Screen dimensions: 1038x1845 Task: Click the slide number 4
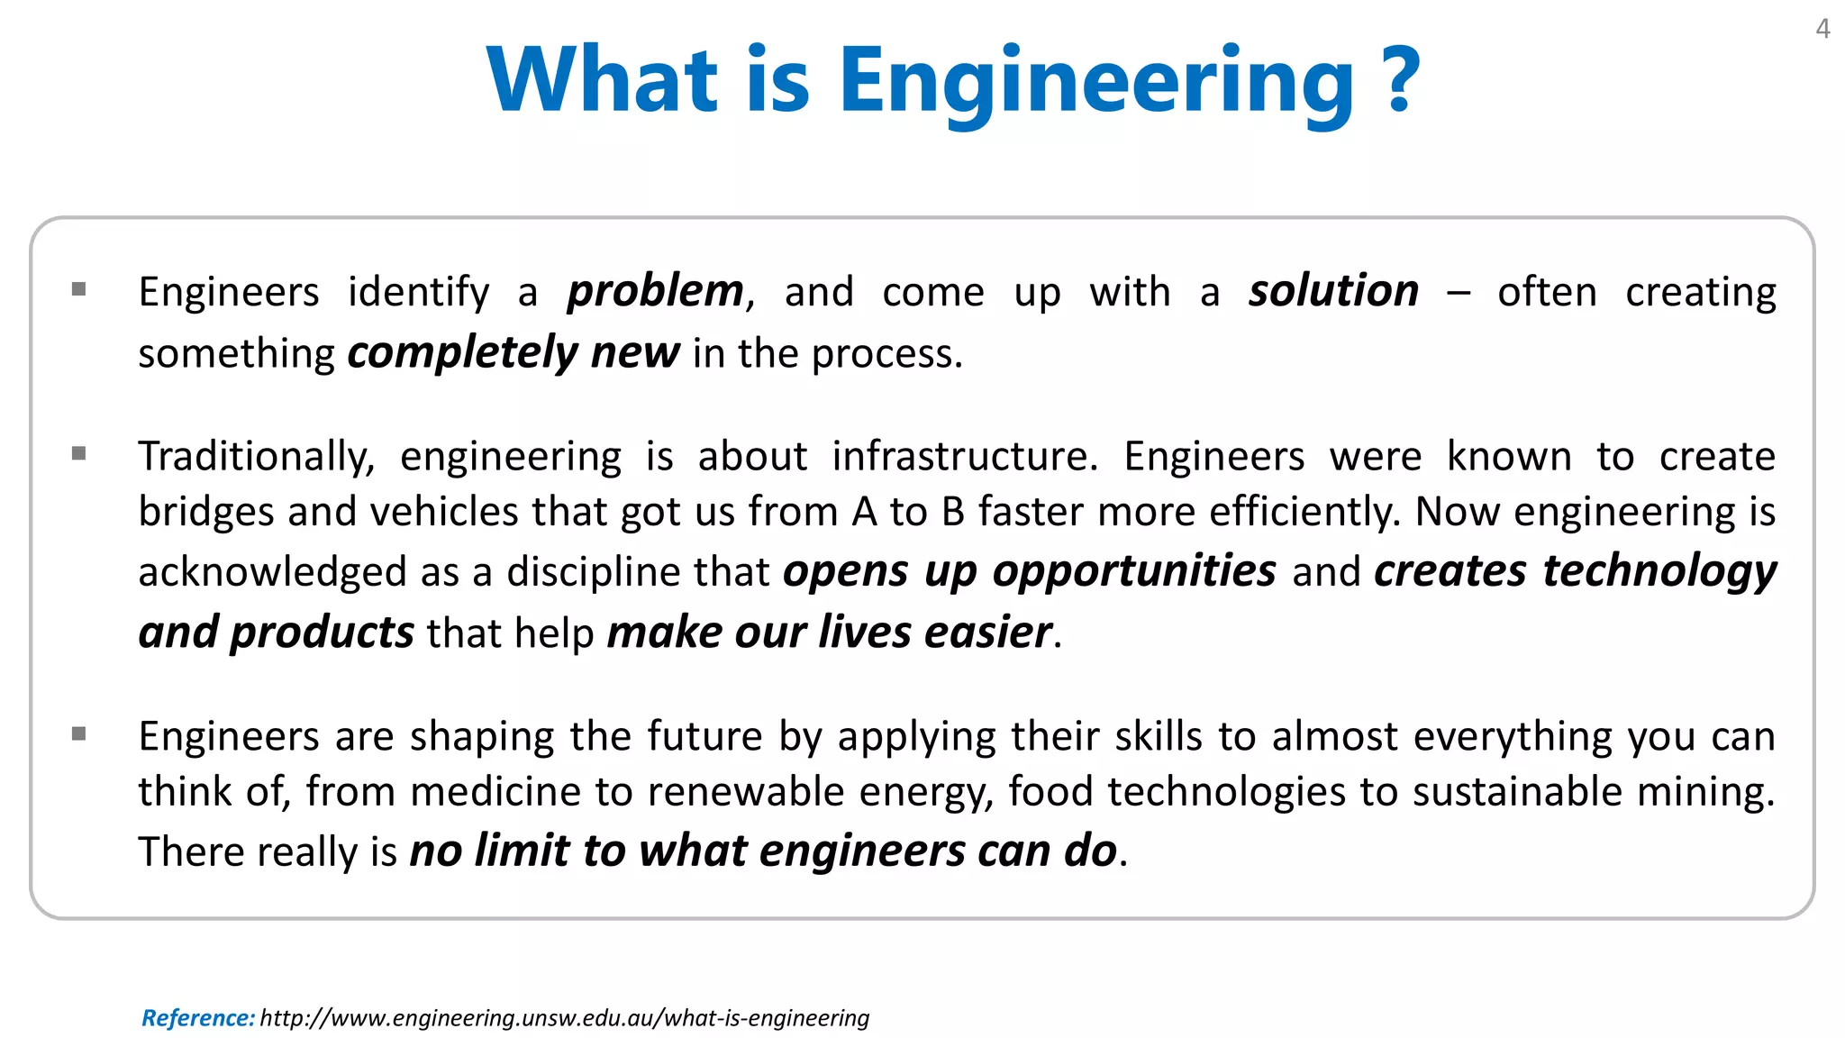pos(1822,30)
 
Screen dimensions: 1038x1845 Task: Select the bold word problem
pos(655,292)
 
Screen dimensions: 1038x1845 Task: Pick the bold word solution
pos(1333,292)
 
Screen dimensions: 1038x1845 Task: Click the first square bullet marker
pos(79,289)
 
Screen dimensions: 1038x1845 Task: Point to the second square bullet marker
pos(79,453)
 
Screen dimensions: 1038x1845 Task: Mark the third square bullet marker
pos(79,733)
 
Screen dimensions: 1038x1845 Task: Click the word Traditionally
pos(256,457)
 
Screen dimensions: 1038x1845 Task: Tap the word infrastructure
pos(964,457)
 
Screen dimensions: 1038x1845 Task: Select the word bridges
pos(205,512)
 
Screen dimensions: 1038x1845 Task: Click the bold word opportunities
pos(1134,572)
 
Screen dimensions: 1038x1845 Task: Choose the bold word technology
pos(1659,572)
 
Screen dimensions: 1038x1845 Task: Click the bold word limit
pos(522,851)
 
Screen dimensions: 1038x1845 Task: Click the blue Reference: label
pos(198,1018)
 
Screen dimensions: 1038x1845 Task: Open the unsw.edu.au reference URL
pos(564,1018)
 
